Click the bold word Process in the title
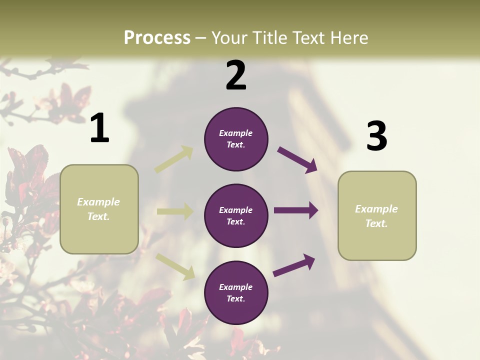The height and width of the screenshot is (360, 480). click(157, 37)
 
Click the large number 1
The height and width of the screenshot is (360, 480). click(99, 128)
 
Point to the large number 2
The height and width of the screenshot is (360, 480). click(236, 75)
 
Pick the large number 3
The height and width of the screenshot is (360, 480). click(376, 136)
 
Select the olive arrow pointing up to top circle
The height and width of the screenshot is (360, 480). click(174, 159)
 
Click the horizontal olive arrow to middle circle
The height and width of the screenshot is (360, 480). click(175, 211)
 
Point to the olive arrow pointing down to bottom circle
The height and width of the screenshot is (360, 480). click(175, 266)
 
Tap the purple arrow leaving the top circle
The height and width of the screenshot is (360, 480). click(297, 160)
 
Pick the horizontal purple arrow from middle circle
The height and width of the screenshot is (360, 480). click(296, 210)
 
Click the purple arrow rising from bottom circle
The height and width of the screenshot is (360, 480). click(294, 265)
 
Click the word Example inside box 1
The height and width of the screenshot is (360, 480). click(98, 202)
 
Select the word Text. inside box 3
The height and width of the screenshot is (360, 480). click(376, 223)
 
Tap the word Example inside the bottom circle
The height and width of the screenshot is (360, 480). click(235, 287)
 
